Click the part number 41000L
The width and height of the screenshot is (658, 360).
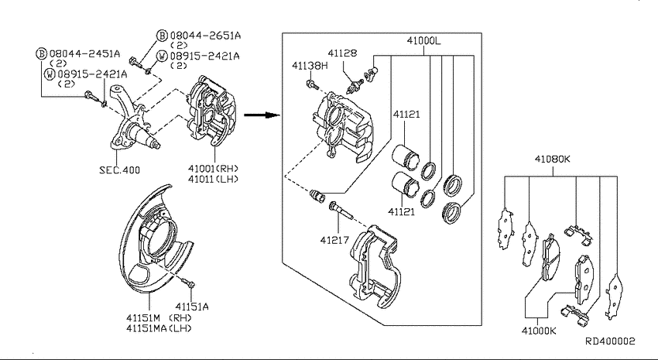[x=423, y=40]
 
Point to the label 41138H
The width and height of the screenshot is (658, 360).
[x=310, y=66]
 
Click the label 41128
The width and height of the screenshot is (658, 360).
[x=341, y=53]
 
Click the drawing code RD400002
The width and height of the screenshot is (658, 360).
[x=608, y=341]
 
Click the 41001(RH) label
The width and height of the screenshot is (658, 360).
[x=211, y=168]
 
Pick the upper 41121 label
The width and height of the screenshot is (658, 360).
[x=406, y=114]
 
